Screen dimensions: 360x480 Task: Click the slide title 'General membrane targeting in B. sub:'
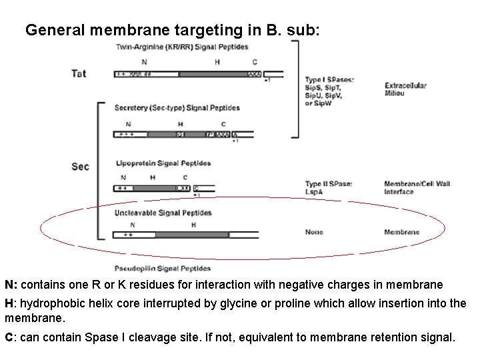click(x=177, y=30)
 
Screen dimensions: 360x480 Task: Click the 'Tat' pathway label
click(x=79, y=73)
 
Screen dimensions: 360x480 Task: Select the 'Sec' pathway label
click(x=79, y=167)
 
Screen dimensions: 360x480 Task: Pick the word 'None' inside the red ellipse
click(x=314, y=232)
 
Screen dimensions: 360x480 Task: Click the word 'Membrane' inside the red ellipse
click(x=402, y=232)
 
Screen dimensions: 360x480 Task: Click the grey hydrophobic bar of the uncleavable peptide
click(x=194, y=235)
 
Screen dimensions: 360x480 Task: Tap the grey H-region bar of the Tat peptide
click(x=213, y=74)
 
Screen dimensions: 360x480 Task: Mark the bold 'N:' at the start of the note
click(x=11, y=285)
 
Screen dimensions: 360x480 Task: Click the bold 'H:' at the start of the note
click(x=11, y=303)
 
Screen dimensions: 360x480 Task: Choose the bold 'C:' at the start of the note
click(x=11, y=337)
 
